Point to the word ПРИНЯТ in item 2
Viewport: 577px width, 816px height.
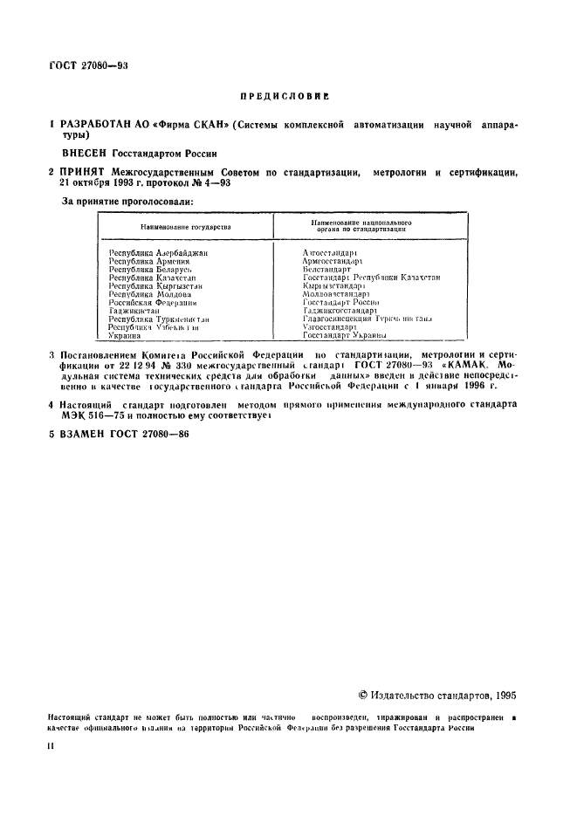click(82, 174)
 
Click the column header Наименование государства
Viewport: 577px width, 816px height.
click(185, 227)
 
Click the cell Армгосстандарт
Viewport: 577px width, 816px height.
click(332, 261)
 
